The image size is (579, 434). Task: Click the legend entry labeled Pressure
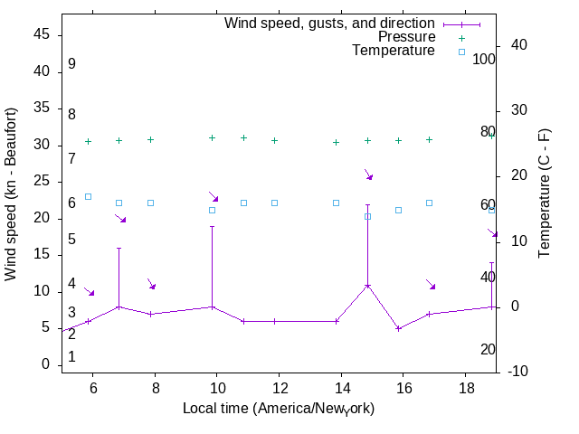click(406, 37)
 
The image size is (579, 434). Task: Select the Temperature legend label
click(394, 51)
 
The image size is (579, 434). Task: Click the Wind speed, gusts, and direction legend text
click(329, 23)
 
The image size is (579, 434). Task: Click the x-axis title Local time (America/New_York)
click(279, 409)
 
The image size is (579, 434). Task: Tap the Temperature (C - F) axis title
click(546, 192)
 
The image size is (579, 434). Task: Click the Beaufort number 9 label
click(71, 64)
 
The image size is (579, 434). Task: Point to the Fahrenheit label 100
click(485, 60)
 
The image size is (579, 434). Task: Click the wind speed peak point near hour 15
click(368, 286)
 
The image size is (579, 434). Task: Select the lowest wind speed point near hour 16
click(399, 328)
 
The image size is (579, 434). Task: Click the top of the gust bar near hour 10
click(213, 227)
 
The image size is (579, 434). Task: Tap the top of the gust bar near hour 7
click(119, 249)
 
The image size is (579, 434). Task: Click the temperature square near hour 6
click(88, 196)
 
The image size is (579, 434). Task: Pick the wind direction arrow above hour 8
click(152, 285)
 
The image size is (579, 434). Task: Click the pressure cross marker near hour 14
click(337, 142)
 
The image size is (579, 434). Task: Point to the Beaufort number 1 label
click(71, 357)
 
